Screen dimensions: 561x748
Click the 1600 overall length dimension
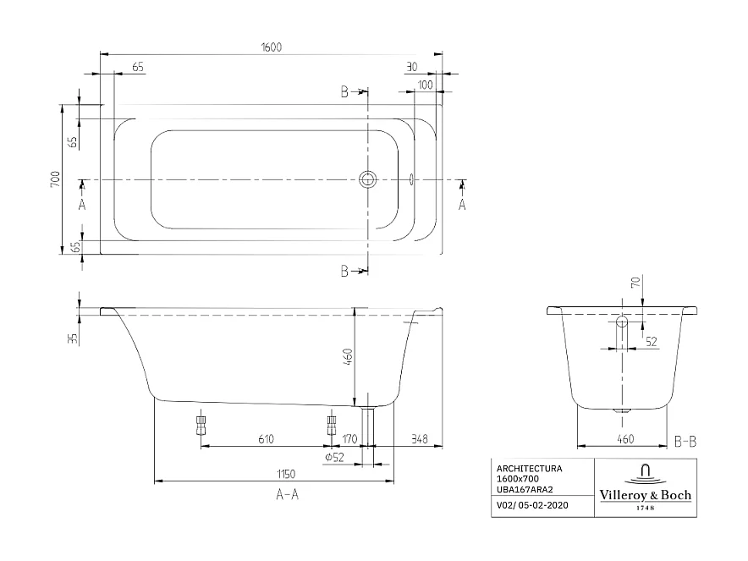click(x=272, y=47)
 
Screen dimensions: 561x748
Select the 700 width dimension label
click(x=55, y=179)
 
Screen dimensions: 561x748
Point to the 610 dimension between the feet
click(x=266, y=438)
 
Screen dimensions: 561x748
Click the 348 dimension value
click(x=418, y=438)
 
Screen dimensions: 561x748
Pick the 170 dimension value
click(x=350, y=438)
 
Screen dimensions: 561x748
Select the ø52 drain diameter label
click(x=333, y=458)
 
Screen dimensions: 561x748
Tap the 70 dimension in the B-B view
click(x=635, y=283)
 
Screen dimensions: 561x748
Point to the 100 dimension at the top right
click(x=425, y=85)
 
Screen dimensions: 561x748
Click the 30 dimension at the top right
click(x=412, y=66)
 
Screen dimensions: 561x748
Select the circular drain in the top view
click(x=368, y=179)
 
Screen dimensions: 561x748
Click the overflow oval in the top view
click(x=412, y=179)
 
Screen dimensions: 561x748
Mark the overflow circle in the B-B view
click(x=622, y=322)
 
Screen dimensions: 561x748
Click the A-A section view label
click(x=288, y=495)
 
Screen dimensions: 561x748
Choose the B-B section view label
click(x=686, y=441)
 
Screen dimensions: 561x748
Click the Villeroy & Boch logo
click(x=646, y=487)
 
